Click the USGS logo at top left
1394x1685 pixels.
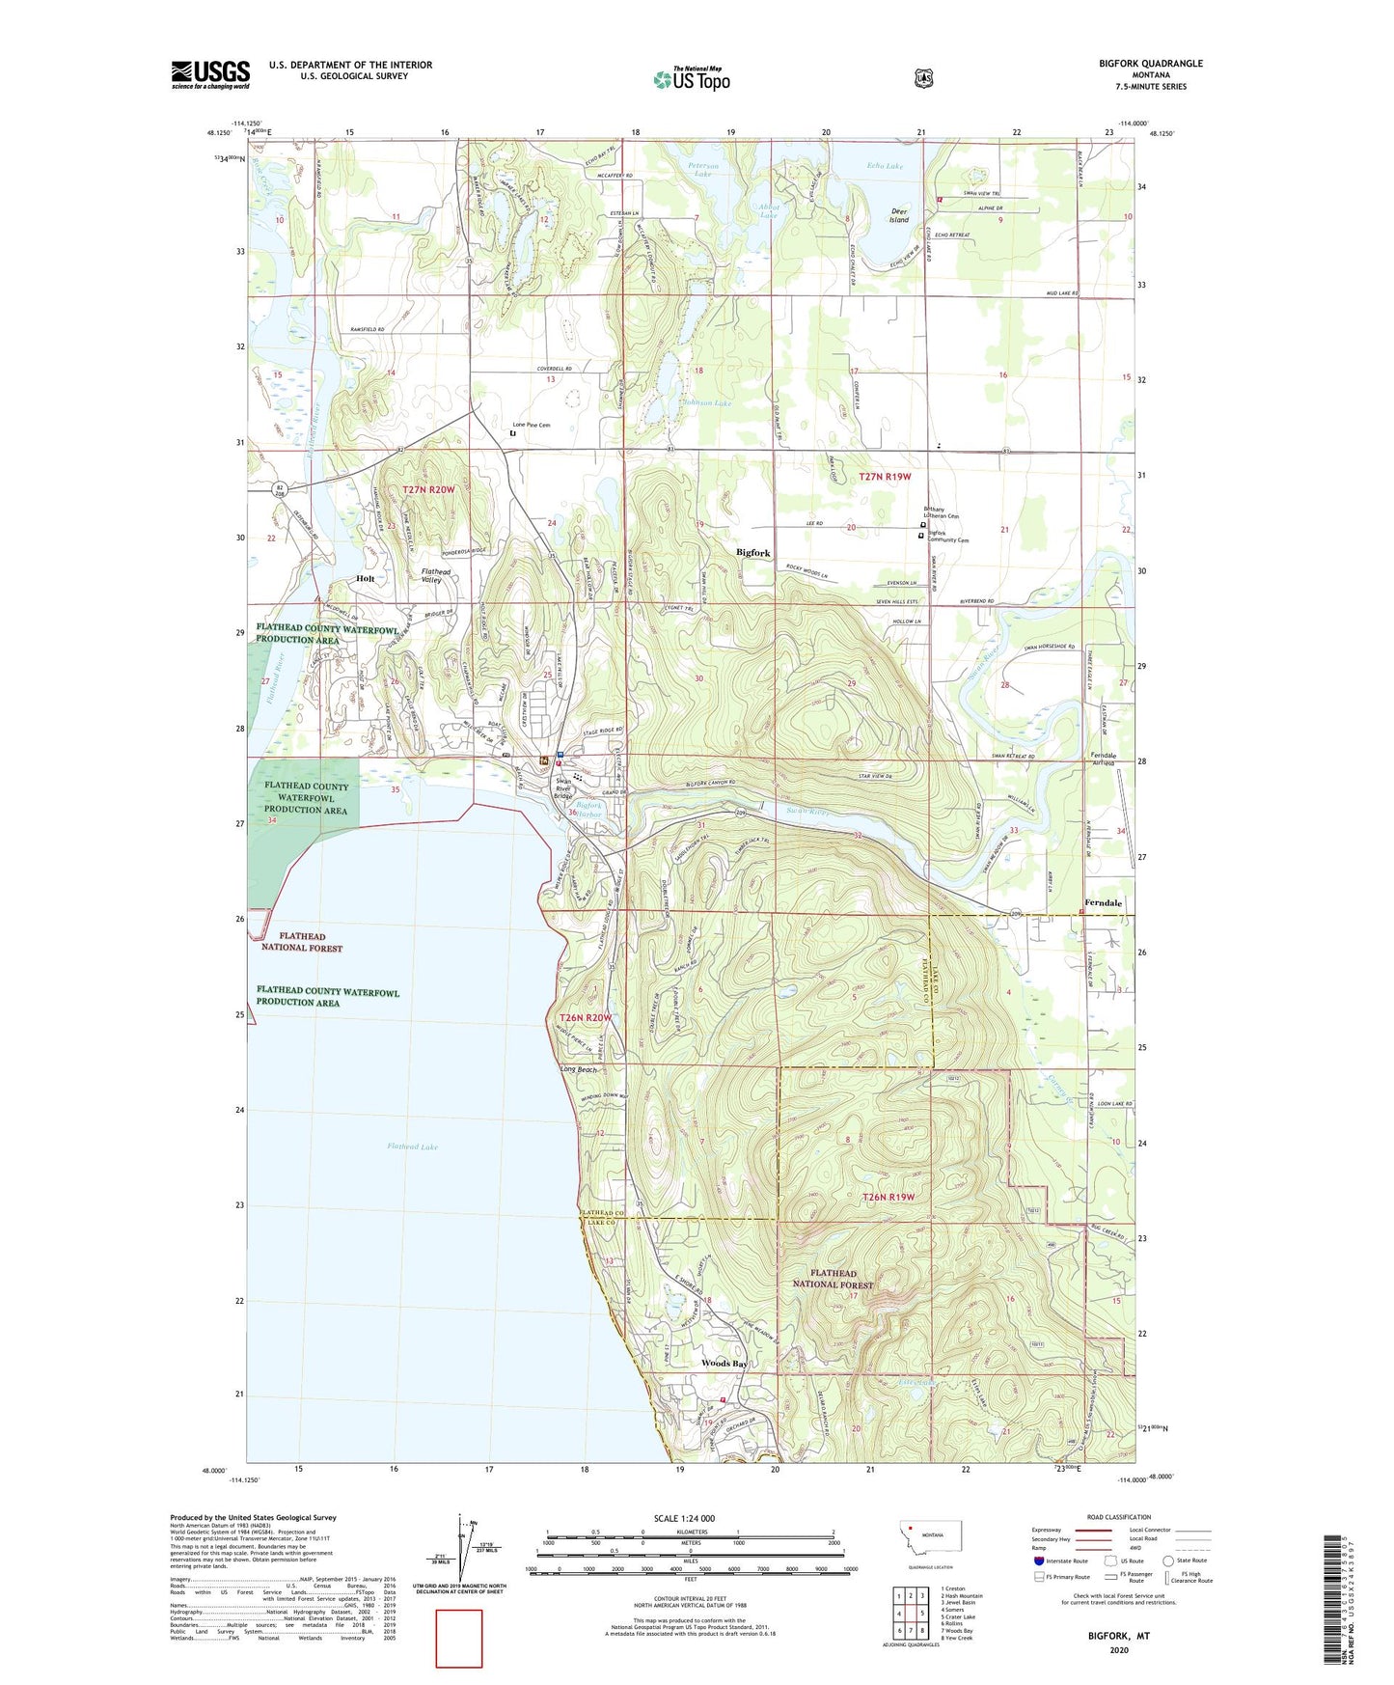point(210,74)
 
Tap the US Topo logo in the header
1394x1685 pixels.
point(691,79)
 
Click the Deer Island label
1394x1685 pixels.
point(899,215)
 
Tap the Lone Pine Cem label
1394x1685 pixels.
point(531,425)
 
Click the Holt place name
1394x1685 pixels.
point(365,578)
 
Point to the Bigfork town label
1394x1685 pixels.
point(752,553)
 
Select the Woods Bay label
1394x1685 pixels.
point(724,1364)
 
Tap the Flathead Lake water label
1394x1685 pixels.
point(412,1146)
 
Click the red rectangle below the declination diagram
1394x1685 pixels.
point(458,1638)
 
